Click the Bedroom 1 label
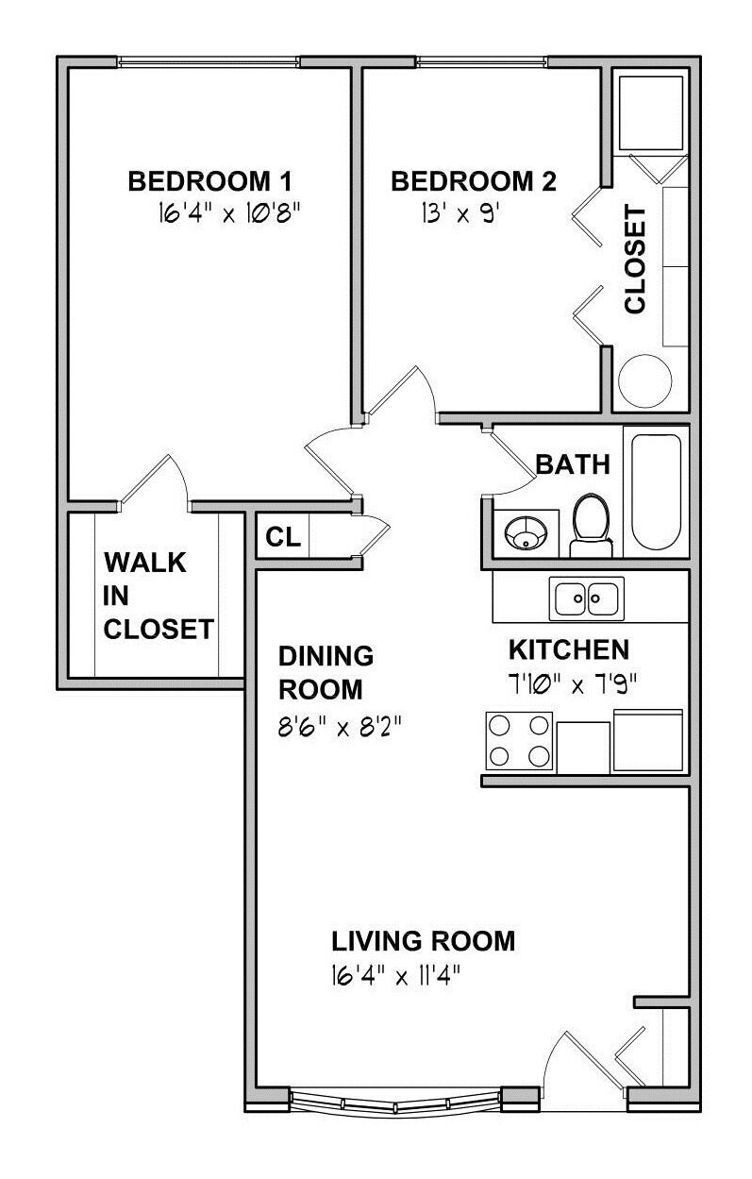pyautogui.click(x=209, y=181)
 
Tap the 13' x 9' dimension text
pyautogui.click(x=460, y=214)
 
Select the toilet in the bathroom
pyautogui.click(x=591, y=525)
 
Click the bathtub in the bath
pyautogui.click(x=656, y=492)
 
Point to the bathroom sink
pyautogui.click(x=526, y=532)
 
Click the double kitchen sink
pyautogui.click(x=586, y=598)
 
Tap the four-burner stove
pyautogui.click(x=519, y=741)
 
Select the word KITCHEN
pyautogui.click(x=568, y=650)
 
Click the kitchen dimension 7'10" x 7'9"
pyautogui.click(x=573, y=685)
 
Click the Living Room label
pyautogui.click(x=423, y=941)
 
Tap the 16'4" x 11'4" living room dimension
pyautogui.click(x=395, y=976)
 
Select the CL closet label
pyautogui.click(x=283, y=537)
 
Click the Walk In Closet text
pyautogui.click(x=158, y=596)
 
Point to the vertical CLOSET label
pyautogui.click(x=635, y=260)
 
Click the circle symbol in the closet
pyautogui.click(x=644, y=381)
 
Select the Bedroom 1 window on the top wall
pyautogui.click(x=209, y=62)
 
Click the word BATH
pyautogui.click(x=573, y=464)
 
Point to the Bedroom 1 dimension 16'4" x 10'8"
pyautogui.click(x=229, y=214)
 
